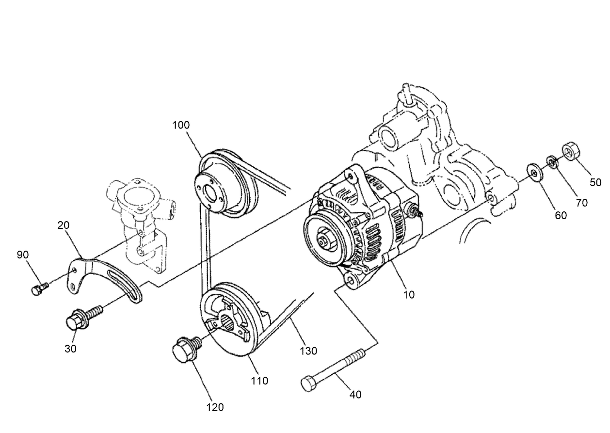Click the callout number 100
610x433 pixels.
(x=181, y=125)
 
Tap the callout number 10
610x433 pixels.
(x=409, y=294)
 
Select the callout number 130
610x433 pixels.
(x=308, y=351)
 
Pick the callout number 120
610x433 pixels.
(x=214, y=407)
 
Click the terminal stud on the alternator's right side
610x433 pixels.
(x=416, y=211)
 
